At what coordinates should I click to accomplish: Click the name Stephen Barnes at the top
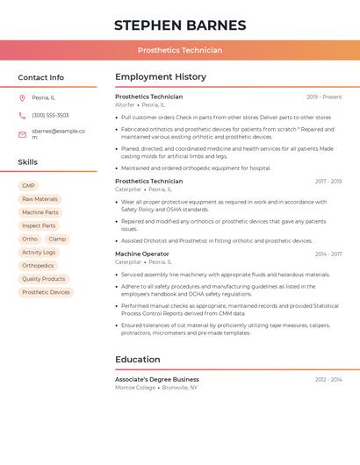(180, 25)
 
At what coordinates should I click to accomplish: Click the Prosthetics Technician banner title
(180, 51)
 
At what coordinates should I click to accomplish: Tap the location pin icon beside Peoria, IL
(22, 97)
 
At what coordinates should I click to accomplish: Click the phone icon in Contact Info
(22, 115)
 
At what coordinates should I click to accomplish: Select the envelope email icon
(22, 134)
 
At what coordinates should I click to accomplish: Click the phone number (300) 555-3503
(50, 115)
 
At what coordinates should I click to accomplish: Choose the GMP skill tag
(28, 186)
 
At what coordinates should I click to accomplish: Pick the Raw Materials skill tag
(40, 199)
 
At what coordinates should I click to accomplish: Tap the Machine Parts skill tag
(40, 212)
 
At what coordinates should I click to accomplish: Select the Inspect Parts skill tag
(39, 225)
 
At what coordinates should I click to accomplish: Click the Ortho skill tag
(30, 239)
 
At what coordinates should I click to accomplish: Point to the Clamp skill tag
(57, 239)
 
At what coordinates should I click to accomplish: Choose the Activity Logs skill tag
(39, 252)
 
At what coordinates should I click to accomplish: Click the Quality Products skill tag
(44, 279)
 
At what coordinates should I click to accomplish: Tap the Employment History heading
(161, 77)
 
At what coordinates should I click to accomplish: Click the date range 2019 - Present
(324, 97)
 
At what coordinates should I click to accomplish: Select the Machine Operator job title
(142, 254)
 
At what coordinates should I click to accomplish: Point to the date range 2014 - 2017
(328, 254)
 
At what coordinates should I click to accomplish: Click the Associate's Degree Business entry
(157, 380)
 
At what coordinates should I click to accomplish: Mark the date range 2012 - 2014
(328, 380)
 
